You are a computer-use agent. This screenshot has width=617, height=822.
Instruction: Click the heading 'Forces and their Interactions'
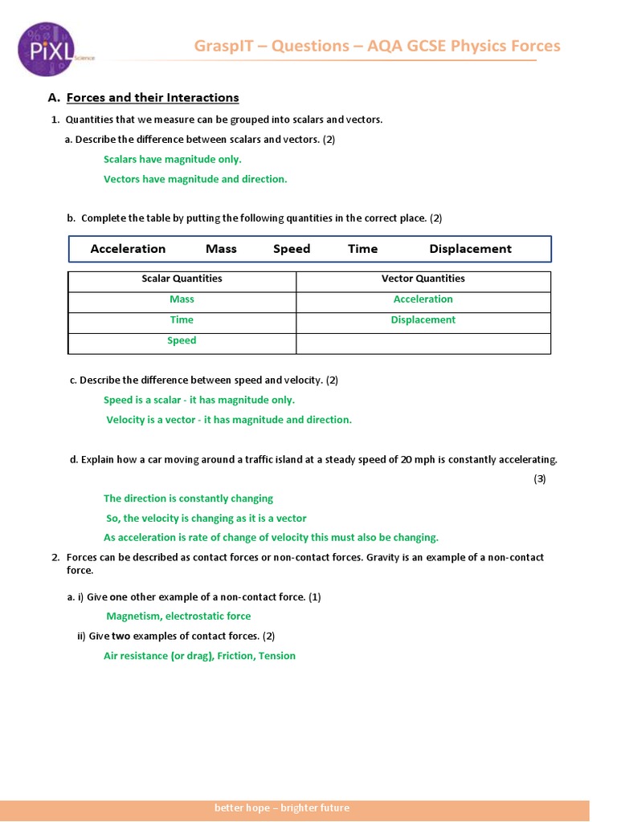[x=153, y=98]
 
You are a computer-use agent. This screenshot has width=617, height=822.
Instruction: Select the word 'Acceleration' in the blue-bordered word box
[x=128, y=249]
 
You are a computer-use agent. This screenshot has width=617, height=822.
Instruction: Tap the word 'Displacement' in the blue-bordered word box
[x=470, y=249]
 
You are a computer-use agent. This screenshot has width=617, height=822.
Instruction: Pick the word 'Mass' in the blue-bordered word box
[x=221, y=249]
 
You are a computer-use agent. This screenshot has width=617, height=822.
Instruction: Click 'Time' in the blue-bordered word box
[x=362, y=249]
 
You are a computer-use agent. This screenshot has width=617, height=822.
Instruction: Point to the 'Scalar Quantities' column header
[x=182, y=279]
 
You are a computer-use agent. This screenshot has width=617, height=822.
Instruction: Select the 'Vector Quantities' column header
[x=423, y=279]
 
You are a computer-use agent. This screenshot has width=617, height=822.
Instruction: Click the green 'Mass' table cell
[x=182, y=299]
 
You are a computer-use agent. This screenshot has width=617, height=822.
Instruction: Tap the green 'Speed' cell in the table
[x=182, y=340]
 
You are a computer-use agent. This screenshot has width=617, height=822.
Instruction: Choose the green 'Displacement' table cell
[x=423, y=319]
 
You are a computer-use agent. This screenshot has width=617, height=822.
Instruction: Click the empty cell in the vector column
[x=423, y=343]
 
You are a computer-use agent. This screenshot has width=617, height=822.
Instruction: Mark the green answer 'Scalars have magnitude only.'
[x=172, y=159]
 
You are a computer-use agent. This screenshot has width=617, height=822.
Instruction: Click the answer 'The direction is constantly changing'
[x=188, y=498]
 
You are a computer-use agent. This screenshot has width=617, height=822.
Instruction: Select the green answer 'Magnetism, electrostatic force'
[x=178, y=616]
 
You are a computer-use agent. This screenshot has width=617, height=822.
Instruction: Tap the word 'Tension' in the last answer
[x=277, y=656]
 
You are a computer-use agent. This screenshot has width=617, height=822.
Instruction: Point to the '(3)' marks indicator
[x=540, y=479]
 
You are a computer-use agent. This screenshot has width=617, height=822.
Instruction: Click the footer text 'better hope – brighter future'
[x=282, y=808]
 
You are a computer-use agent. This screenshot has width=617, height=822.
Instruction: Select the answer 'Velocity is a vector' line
[x=229, y=420]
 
